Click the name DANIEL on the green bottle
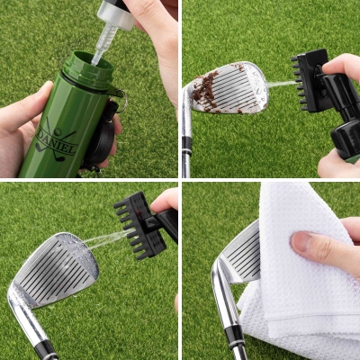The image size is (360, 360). point(57,140)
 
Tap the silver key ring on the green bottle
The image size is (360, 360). point(123,102)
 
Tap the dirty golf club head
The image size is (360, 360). point(229,87)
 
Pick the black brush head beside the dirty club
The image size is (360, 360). point(309,80)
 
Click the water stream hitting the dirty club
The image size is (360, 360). point(282,85)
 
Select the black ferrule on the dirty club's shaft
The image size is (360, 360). point(186,146)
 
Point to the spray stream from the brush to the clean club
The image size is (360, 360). point(108,238)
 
